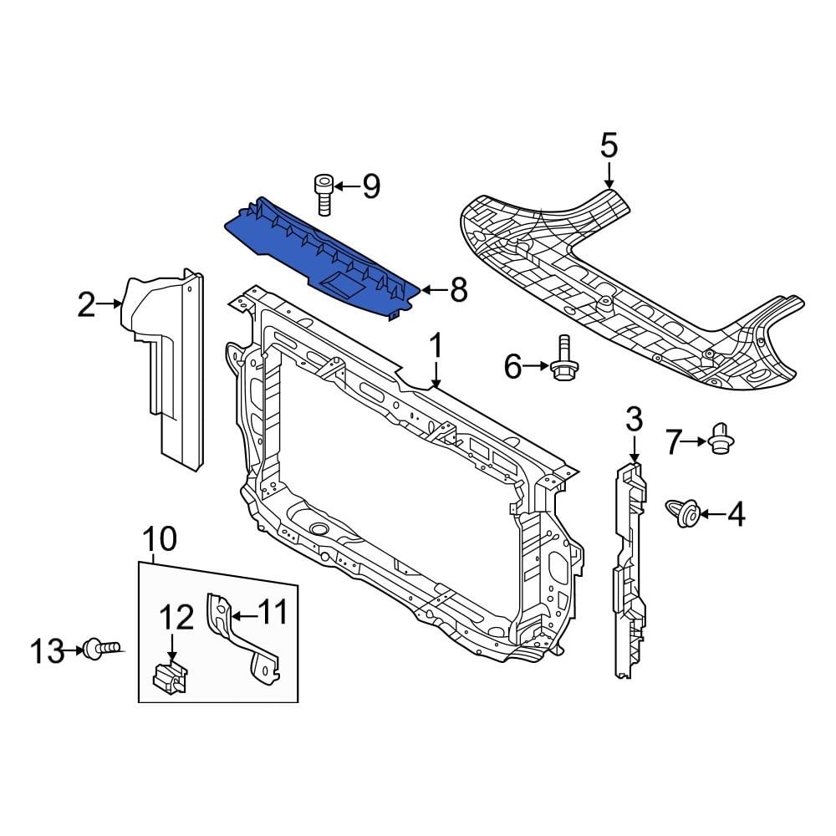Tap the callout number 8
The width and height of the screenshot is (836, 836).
tap(458, 291)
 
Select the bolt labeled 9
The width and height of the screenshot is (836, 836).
tap(324, 194)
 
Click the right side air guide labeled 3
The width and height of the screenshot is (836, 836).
tap(630, 568)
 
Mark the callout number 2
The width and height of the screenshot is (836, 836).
tap(87, 305)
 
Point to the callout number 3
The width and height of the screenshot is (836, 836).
tap(634, 418)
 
